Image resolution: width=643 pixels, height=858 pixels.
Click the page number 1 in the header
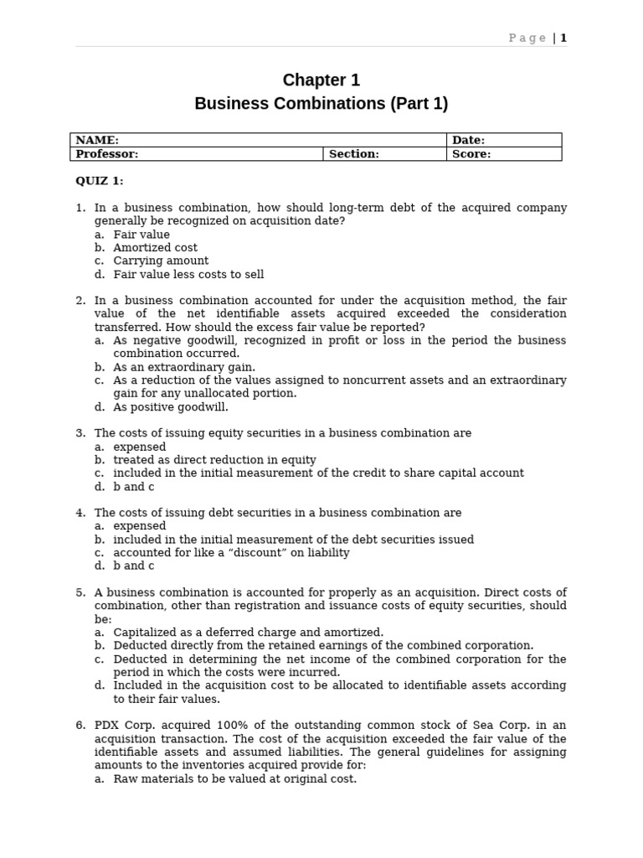563,38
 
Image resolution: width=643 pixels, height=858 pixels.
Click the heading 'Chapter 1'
321,80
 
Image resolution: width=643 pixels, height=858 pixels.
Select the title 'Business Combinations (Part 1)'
321,104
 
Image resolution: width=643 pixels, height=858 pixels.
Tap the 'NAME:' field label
97,141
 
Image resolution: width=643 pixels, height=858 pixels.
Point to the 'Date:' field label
468,141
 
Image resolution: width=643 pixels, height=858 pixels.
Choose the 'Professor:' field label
106,154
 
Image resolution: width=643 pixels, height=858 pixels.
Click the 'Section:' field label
353,154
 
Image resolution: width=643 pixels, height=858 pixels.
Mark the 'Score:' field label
471,154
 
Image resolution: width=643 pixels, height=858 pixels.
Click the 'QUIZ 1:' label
100,181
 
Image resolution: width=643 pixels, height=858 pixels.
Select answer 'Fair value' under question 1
141,235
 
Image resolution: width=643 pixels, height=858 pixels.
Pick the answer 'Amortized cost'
155,248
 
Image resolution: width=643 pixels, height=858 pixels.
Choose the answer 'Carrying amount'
161,261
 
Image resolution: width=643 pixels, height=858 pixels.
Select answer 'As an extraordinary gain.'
184,367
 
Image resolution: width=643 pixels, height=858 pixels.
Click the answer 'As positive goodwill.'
171,407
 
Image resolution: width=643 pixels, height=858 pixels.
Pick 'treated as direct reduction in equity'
214,460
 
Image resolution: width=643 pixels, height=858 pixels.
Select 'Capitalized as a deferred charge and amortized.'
248,633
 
